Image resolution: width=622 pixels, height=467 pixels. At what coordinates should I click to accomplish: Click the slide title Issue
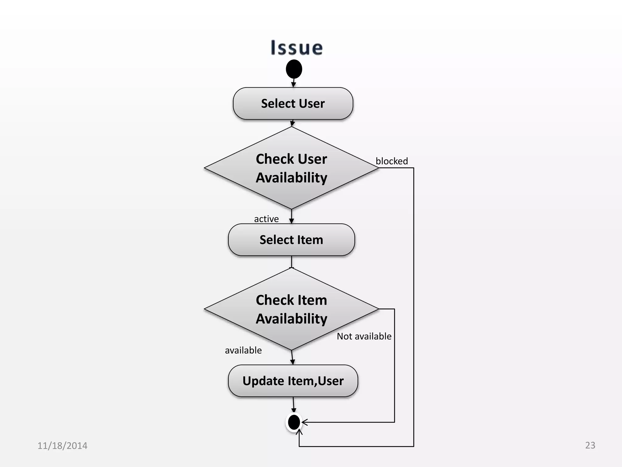tap(296, 48)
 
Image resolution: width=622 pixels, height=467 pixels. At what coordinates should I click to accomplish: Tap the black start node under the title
tap(294, 69)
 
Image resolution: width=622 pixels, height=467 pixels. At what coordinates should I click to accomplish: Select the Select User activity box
tap(293, 103)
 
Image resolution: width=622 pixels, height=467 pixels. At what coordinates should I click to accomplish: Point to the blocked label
tap(391, 161)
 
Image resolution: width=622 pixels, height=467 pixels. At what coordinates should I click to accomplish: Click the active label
tap(266, 219)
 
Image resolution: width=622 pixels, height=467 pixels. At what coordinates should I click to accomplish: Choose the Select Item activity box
tap(291, 240)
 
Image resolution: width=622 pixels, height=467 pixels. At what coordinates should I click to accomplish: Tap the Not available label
tap(364, 336)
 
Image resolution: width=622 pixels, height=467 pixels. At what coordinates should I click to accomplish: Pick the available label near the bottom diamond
tap(243, 350)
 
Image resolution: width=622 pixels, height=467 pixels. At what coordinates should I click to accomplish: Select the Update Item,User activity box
tap(293, 381)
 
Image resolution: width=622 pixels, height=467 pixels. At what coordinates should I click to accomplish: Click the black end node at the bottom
tap(294, 422)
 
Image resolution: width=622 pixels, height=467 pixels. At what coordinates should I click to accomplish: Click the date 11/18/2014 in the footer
tap(62, 446)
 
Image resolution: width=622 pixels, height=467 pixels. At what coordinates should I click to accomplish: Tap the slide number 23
tap(590, 445)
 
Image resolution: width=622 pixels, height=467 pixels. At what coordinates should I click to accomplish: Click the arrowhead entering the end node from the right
tap(304, 422)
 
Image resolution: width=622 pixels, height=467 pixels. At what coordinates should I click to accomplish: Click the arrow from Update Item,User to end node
tap(293, 404)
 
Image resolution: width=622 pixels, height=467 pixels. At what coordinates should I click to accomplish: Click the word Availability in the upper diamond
tap(291, 178)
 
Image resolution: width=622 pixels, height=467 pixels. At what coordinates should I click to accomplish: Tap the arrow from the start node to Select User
tap(293, 82)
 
